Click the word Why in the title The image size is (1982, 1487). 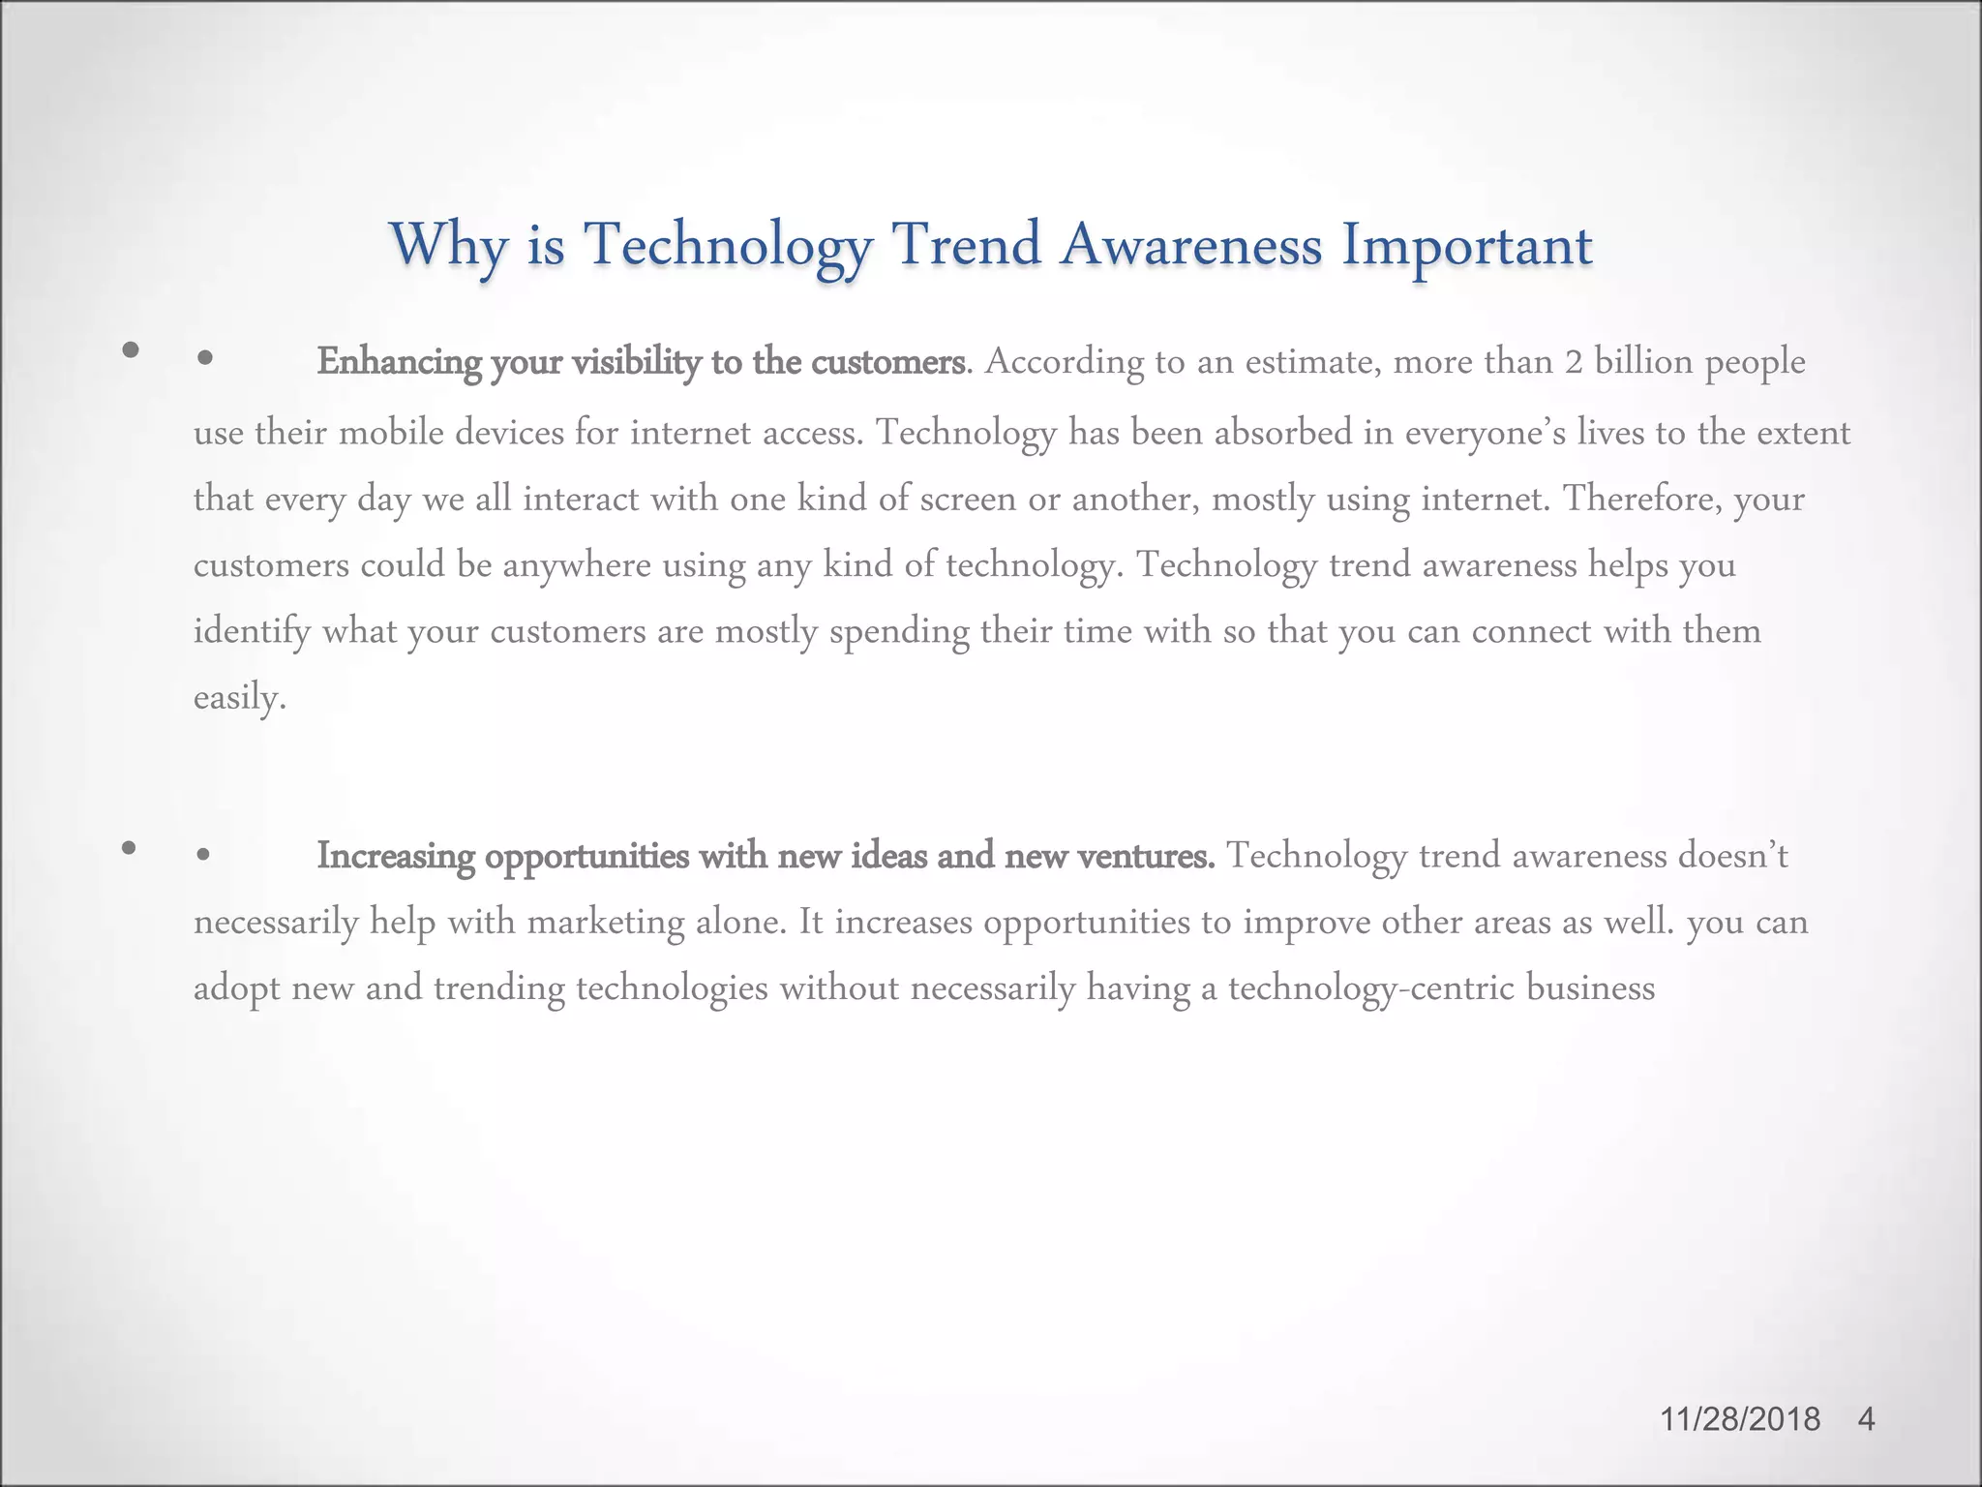click(x=448, y=244)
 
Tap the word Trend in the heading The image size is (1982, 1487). click(x=965, y=244)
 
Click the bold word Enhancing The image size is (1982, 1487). click(x=399, y=362)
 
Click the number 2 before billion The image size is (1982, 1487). click(x=1573, y=362)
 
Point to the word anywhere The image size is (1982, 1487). click(x=577, y=564)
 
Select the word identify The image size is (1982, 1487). click(x=252, y=632)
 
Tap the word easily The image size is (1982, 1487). click(x=239, y=697)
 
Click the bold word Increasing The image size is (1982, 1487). click(x=396, y=857)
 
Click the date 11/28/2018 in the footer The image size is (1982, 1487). click(x=1740, y=1419)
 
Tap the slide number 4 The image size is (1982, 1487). click(x=1867, y=1419)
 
